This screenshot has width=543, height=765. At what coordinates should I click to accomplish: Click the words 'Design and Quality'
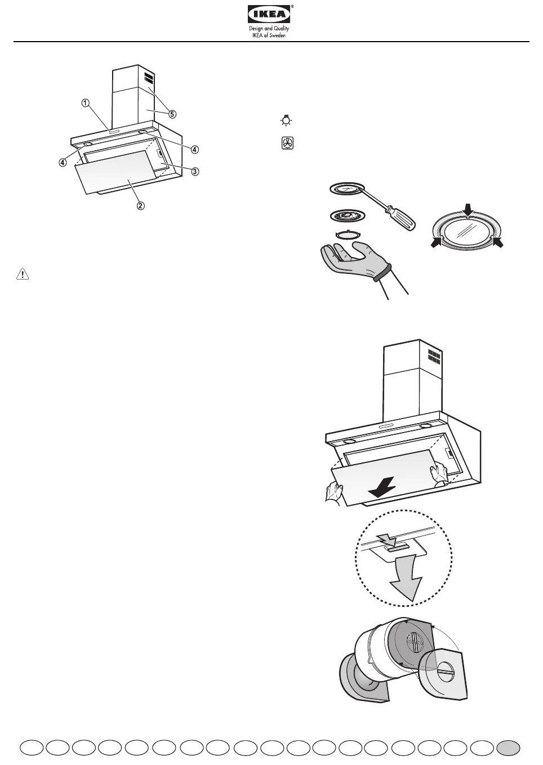270,28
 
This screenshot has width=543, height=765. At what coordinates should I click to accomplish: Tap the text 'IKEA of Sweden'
270,35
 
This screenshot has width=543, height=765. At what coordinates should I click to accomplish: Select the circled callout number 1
84,103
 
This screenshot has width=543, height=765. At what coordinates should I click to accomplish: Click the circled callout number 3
195,171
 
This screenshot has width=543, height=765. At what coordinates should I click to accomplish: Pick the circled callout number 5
172,114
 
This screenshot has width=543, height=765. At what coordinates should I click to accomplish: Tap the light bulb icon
287,120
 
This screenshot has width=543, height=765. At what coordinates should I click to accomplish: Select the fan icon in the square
287,143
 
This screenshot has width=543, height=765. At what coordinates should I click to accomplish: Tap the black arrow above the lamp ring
468,209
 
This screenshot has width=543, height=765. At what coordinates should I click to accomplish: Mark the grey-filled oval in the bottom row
508,747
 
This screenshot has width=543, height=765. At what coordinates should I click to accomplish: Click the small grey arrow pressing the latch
389,541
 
